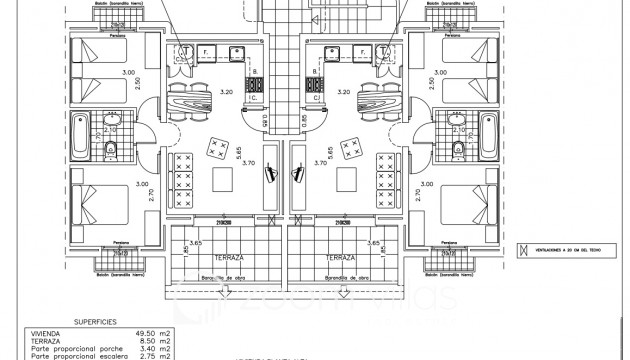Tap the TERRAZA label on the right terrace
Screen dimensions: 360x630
coord(340,257)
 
